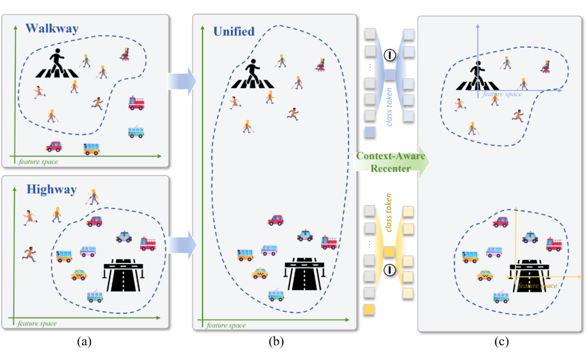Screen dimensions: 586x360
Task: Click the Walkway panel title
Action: (52, 29)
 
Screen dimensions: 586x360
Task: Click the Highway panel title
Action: (52, 190)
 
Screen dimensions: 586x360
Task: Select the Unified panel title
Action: (234, 31)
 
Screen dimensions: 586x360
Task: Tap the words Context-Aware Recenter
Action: (391, 162)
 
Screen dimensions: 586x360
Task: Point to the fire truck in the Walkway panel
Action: (136, 103)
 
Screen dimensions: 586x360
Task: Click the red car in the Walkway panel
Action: (54, 146)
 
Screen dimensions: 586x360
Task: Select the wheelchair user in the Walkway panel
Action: (125, 54)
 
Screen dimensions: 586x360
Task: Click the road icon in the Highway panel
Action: (123, 275)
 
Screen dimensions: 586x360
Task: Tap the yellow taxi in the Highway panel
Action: (79, 274)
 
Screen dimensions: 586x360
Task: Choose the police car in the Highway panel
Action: (124, 236)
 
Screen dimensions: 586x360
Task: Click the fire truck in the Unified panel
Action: (329, 242)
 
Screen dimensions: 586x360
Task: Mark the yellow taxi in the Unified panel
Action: (260, 273)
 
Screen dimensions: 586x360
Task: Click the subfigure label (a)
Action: (84, 342)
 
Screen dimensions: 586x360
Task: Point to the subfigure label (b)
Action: (276, 342)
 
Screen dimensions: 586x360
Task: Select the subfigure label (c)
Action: (501, 342)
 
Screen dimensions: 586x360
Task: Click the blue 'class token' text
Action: (389, 107)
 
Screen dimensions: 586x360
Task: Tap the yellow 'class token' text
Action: (388, 213)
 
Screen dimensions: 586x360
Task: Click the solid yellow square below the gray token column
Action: (369, 309)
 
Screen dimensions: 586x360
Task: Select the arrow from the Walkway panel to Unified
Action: (182, 81)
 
